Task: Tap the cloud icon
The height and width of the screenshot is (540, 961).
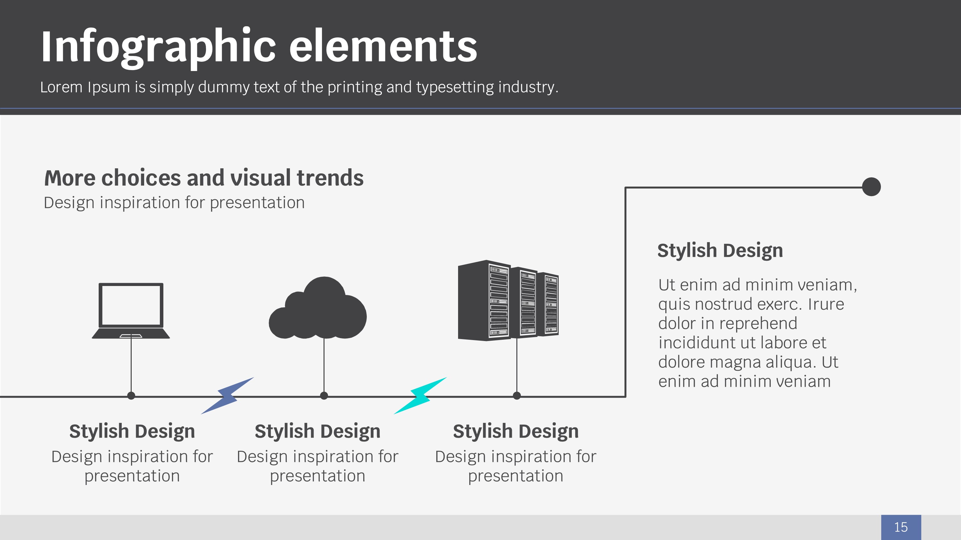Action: [x=318, y=308]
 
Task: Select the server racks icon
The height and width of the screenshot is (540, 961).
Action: [x=508, y=300]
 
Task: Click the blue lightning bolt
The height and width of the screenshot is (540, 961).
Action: [x=227, y=395]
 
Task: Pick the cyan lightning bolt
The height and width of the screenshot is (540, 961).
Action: [x=420, y=395]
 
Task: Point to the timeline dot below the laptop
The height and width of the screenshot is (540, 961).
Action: [x=131, y=396]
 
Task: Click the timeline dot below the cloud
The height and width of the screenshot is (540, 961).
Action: [x=324, y=396]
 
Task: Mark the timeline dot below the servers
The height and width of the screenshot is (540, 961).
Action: [x=517, y=396]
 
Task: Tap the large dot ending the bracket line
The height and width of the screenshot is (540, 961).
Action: [x=871, y=187]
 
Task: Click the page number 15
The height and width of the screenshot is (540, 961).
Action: [x=901, y=527]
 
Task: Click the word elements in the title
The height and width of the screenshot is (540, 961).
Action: [x=383, y=47]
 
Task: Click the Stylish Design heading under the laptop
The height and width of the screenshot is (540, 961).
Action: [x=132, y=432]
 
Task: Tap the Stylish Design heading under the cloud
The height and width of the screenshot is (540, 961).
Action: [x=317, y=432]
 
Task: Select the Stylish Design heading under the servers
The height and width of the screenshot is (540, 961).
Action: [x=516, y=432]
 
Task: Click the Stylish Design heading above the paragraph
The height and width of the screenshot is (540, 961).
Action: [x=720, y=250]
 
